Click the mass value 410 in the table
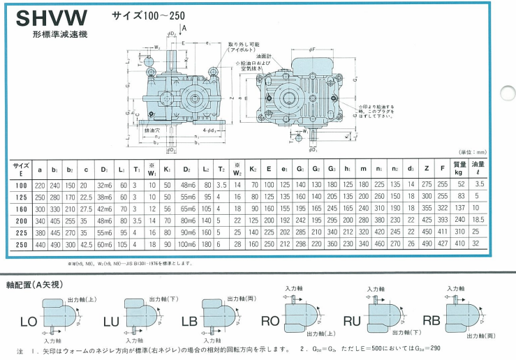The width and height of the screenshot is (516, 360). click(x=460, y=244)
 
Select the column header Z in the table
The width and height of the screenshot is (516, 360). click(x=426, y=169)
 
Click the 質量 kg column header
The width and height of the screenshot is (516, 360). click(x=460, y=169)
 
